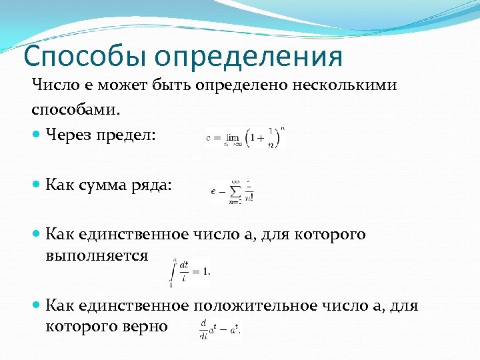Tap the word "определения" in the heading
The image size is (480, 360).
point(252,57)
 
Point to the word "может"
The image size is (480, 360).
point(123,85)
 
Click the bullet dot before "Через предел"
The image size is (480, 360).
point(36,135)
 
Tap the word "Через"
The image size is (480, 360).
point(68,135)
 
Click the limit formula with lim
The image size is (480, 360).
point(245,137)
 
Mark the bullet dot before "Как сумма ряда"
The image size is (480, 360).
point(36,186)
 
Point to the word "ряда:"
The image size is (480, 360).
point(152,186)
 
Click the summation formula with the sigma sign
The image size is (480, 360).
point(231,190)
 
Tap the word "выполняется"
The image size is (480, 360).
point(97,255)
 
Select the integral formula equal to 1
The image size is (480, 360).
point(190,271)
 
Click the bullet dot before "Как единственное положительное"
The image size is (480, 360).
point(36,306)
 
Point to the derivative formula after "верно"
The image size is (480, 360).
point(219,328)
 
